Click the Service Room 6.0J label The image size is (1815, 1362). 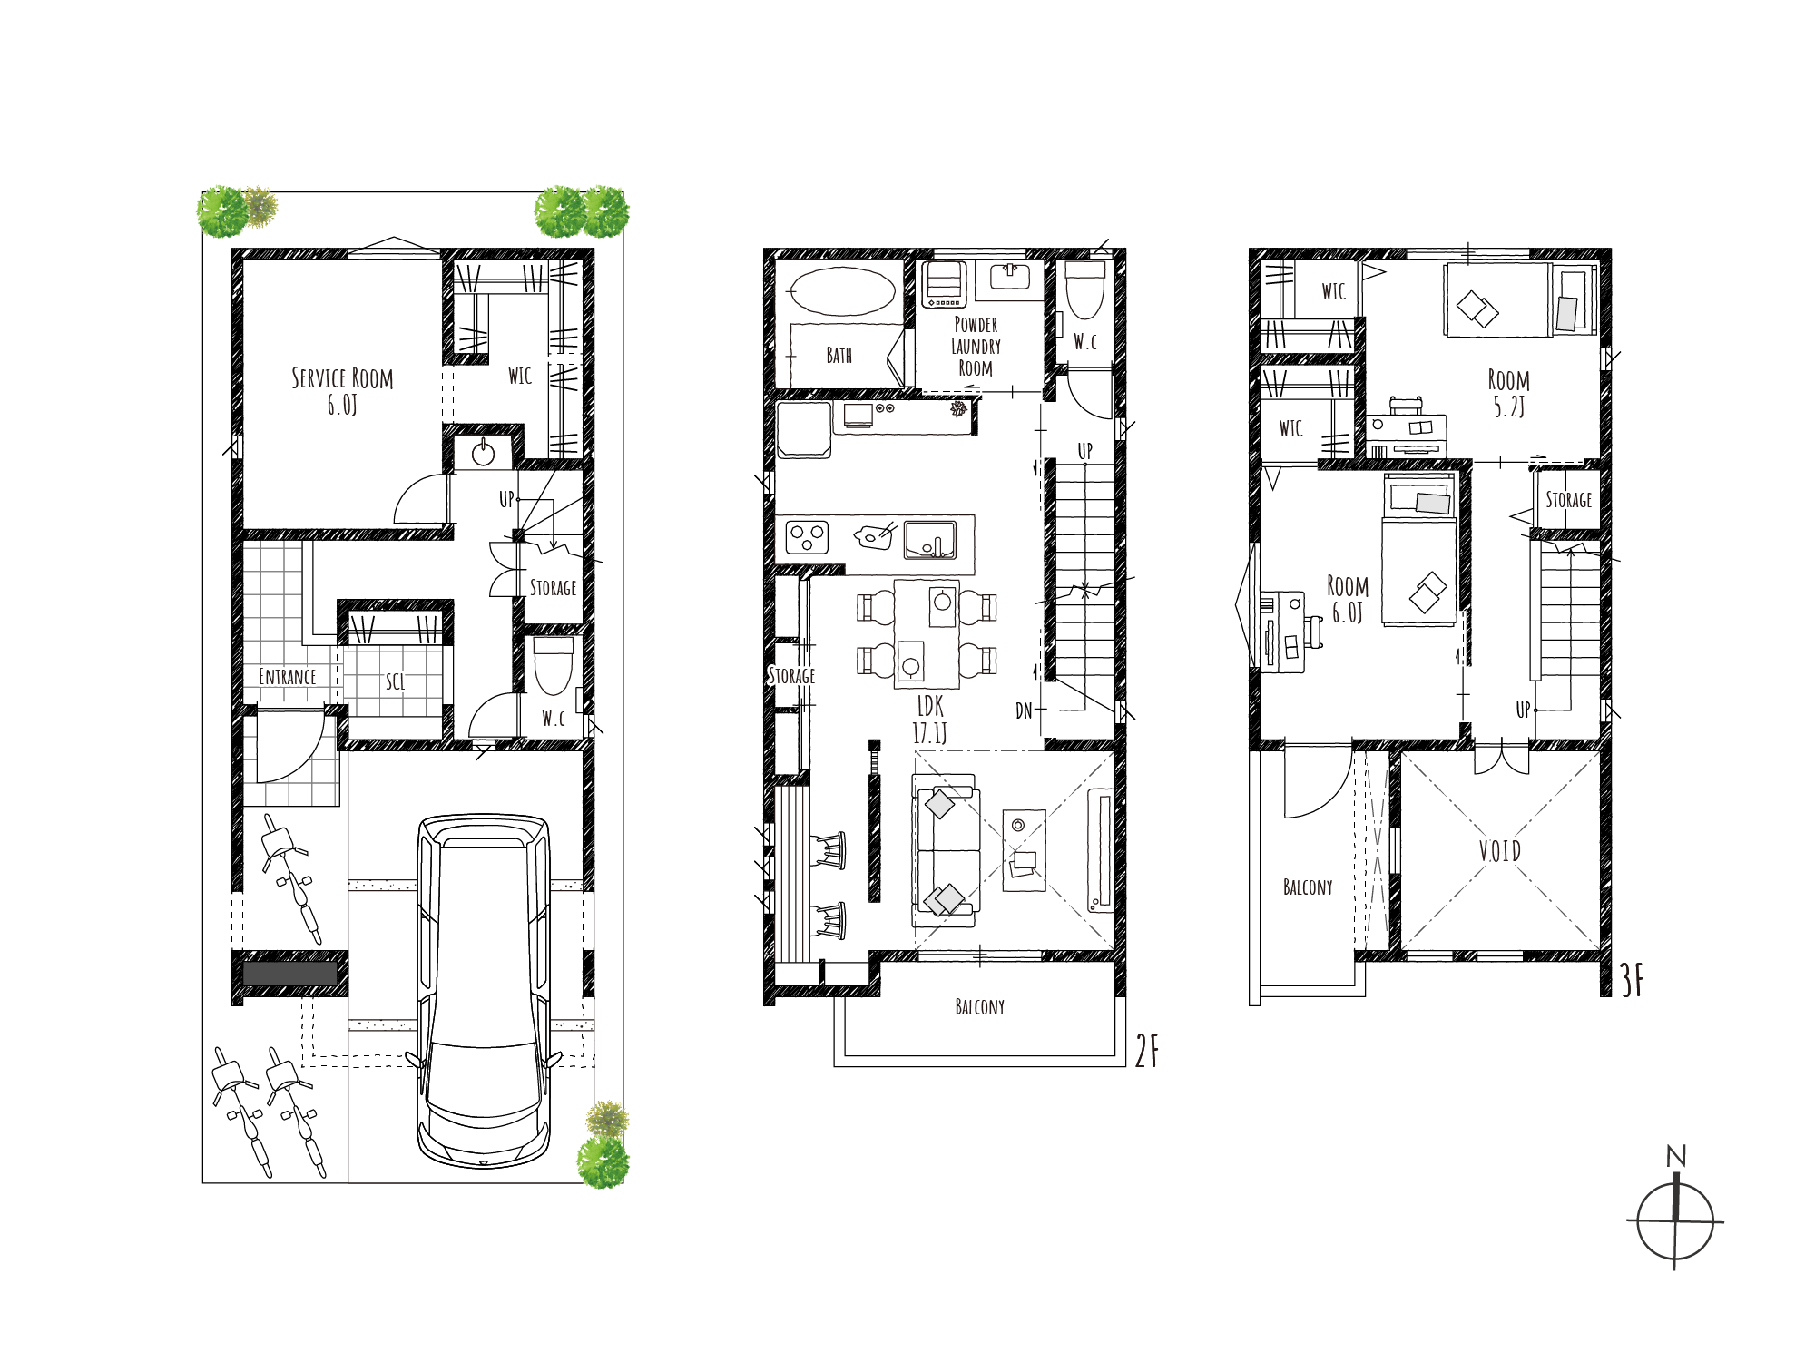pos(342,391)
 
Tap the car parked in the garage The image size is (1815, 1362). pos(484,990)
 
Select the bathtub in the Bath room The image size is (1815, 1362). pos(843,291)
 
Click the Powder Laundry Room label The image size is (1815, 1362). pos(976,347)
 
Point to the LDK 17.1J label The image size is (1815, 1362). pos(930,720)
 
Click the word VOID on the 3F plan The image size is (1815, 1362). pos(1499,851)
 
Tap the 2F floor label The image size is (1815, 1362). pos(1147,1051)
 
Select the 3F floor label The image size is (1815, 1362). pos(1632,981)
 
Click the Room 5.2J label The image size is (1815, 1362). pos(1508,393)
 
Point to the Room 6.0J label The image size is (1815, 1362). pos(1348,599)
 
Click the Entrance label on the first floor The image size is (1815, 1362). pos(287,677)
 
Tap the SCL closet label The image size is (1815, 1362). pos(395,681)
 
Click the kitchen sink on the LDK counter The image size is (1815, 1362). pos(930,540)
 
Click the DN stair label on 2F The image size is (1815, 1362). pos(1024,711)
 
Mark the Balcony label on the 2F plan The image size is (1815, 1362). pos(980,1007)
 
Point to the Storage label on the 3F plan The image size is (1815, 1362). pos(1568,500)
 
